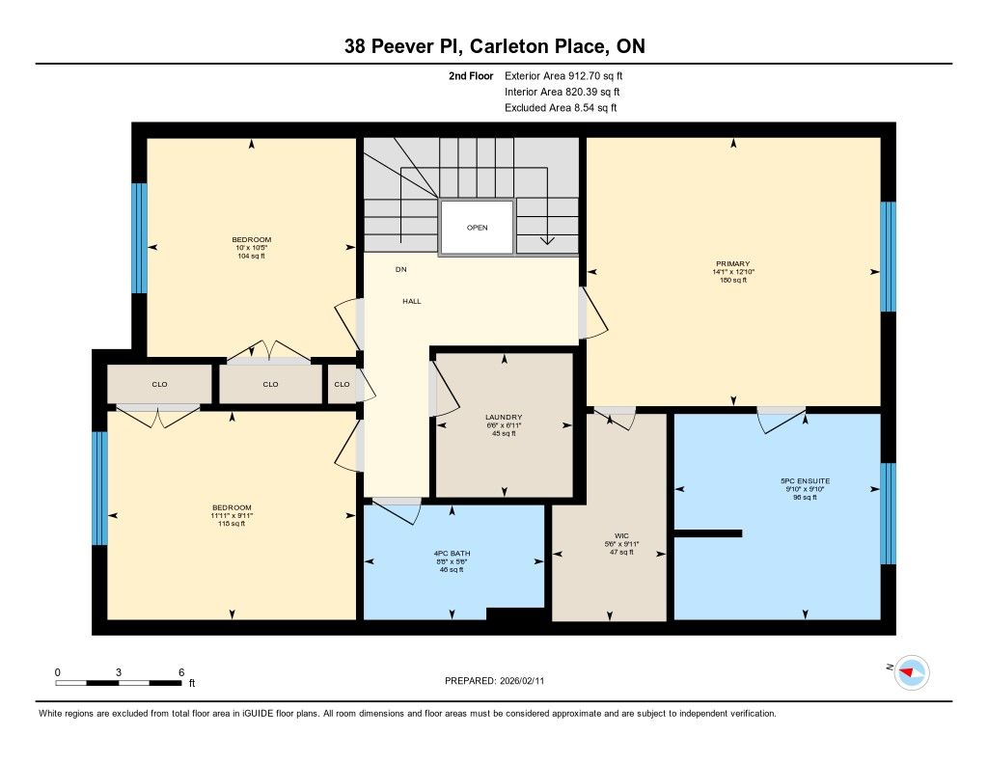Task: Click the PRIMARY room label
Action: point(733,264)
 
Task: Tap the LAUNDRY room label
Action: point(504,417)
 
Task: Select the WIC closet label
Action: point(621,536)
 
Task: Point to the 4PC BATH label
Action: point(452,554)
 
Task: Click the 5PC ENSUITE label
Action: point(805,480)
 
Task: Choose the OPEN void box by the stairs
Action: point(477,228)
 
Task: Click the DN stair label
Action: point(400,270)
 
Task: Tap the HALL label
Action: point(411,301)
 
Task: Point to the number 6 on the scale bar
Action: point(181,672)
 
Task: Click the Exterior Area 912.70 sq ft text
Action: point(563,76)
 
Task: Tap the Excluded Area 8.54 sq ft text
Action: point(561,108)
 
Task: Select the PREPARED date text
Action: point(494,680)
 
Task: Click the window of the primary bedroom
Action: point(888,257)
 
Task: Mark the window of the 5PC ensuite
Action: point(888,513)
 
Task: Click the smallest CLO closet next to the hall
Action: point(343,384)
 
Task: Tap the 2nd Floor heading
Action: point(471,76)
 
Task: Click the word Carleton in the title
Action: point(508,46)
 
